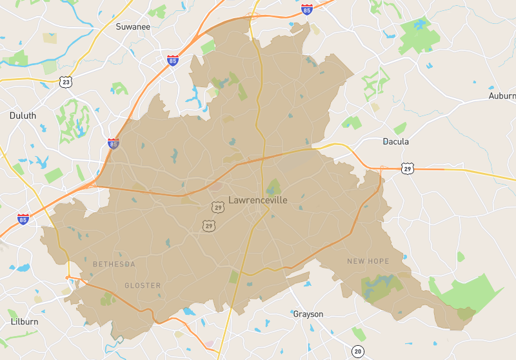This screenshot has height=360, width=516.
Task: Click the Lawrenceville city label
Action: pyautogui.click(x=258, y=200)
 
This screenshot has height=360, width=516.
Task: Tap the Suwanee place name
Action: pyautogui.click(x=133, y=27)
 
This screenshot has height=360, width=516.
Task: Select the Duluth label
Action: pyautogui.click(x=23, y=115)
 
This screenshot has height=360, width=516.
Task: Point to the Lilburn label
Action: pyautogui.click(x=24, y=321)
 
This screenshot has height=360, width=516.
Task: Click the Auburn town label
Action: pyautogui.click(x=502, y=96)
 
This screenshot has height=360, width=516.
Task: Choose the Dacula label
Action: pyautogui.click(x=396, y=141)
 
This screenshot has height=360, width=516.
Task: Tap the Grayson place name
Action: pyautogui.click(x=308, y=314)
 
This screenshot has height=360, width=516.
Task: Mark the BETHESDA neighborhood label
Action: pyautogui.click(x=114, y=264)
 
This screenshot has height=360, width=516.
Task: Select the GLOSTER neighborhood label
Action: pyautogui.click(x=143, y=285)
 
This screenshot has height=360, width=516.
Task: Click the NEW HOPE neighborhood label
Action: pyautogui.click(x=368, y=261)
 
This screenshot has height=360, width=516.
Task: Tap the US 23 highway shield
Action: pyautogui.click(x=65, y=81)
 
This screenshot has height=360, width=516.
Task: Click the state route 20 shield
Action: pyautogui.click(x=358, y=351)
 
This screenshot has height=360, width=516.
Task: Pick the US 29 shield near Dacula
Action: pyautogui.click(x=407, y=168)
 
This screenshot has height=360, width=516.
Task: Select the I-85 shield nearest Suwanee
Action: pyautogui.click(x=172, y=61)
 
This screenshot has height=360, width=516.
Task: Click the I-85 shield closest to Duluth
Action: pyautogui.click(x=114, y=144)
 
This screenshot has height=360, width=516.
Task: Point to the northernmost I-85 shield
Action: pyautogui.click(x=307, y=10)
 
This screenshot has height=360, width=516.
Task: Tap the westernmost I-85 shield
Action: pyautogui.click(x=23, y=219)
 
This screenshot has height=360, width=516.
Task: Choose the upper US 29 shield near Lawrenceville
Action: pyautogui.click(x=217, y=207)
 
